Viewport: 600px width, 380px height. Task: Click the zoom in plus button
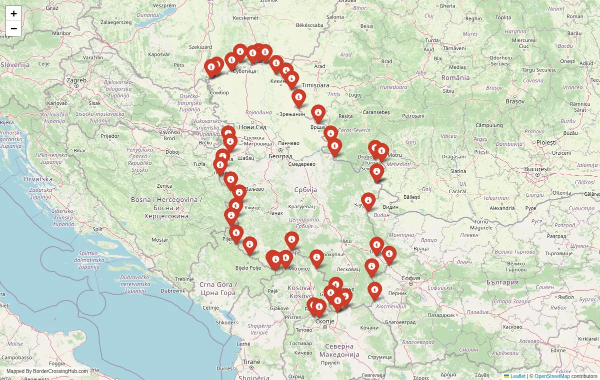(x=13, y=13)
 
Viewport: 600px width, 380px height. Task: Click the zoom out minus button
(x=13, y=28)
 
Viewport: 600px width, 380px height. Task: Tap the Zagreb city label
(x=76, y=80)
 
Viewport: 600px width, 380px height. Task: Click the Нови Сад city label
(x=252, y=127)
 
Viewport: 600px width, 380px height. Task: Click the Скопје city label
(x=325, y=321)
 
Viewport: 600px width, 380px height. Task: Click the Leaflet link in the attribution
(x=517, y=376)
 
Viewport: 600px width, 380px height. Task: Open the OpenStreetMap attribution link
(x=552, y=376)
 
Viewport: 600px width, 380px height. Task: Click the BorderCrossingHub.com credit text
(x=47, y=372)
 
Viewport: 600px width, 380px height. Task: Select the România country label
(x=455, y=77)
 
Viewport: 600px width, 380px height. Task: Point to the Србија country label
(x=305, y=190)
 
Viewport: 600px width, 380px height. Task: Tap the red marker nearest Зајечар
(x=368, y=201)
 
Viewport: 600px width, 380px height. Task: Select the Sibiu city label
(x=448, y=91)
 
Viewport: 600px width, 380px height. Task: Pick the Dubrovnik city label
(x=173, y=290)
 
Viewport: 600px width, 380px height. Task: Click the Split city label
(x=97, y=229)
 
